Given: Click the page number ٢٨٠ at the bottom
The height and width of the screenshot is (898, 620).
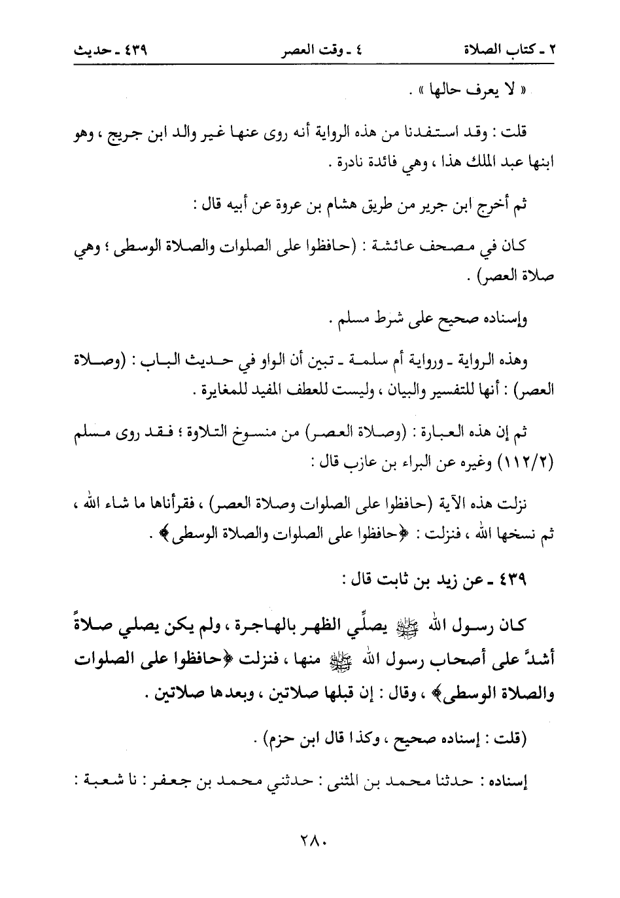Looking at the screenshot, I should [x=310, y=856].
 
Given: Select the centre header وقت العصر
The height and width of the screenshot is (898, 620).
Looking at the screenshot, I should [x=310, y=48].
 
